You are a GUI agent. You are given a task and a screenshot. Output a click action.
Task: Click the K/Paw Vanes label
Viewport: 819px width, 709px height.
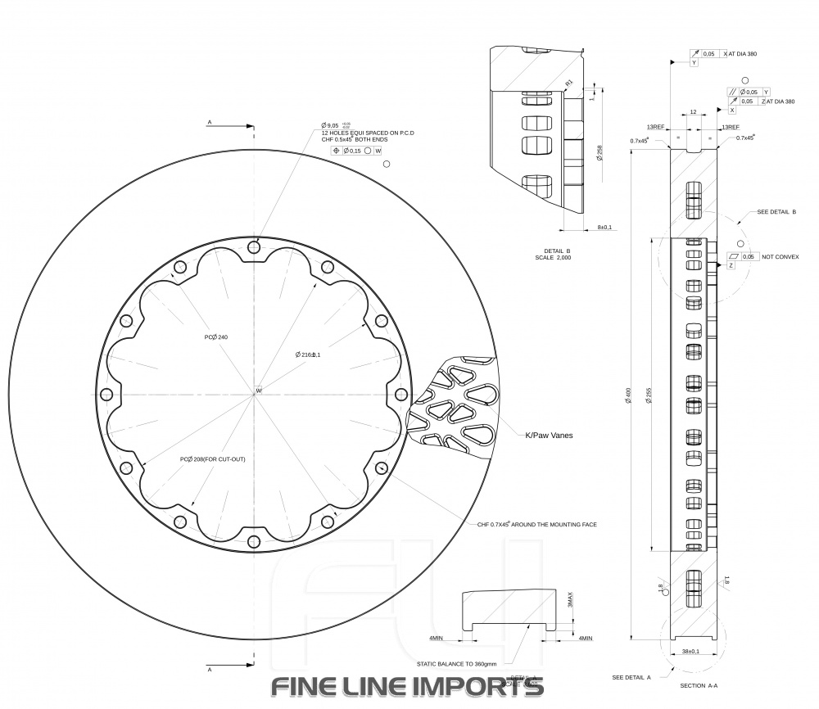pyautogui.click(x=548, y=436)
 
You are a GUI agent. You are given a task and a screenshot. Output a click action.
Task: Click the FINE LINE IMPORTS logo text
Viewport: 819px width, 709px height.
pyautogui.click(x=407, y=686)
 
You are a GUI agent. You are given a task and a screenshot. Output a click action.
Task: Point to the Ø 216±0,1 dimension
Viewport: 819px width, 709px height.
pyautogui.click(x=307, y=354)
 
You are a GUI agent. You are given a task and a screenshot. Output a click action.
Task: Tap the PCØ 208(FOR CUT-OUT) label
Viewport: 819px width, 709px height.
pyautogui.click(x=212, y=459)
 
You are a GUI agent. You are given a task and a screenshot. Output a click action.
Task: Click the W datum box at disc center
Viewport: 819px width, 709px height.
pyautogui.click(x=258, y=391)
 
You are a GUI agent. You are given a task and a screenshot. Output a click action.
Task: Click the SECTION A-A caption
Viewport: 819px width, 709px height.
pyautogui.click(x=699, y=685)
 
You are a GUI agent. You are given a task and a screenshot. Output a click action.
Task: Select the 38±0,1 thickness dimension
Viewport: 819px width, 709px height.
pyautogui.click(x=690, y=652)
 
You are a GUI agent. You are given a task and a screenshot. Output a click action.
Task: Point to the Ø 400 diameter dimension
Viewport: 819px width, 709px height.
pyautogui.click(x=628, y=395)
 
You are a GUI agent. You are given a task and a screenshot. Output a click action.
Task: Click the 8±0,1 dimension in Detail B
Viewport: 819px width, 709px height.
pyautogui.click(x=604, y=227)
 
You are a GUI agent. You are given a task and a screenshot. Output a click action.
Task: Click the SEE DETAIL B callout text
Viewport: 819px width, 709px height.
pyautogui.click(x=777, y=211)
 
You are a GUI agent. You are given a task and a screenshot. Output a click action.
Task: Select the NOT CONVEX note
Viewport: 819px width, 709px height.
pyautogui.click(x=780, y=256)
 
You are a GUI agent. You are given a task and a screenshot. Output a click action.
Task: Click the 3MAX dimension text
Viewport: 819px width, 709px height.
pyautogui.click(x=571, y=602)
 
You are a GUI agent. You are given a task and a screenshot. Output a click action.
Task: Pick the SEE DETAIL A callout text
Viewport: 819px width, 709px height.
pyautogui.click(x=631, y=677)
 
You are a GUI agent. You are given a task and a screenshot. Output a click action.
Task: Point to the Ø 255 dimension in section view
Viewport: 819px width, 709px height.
pyautogui.click(x=648, y=395)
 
